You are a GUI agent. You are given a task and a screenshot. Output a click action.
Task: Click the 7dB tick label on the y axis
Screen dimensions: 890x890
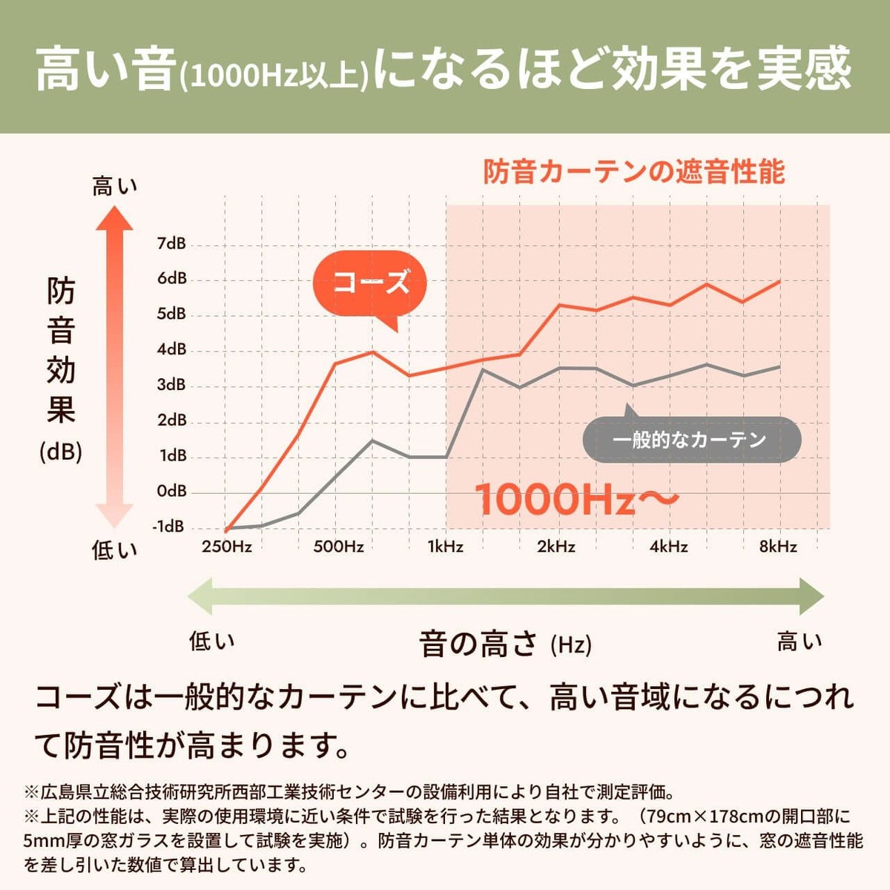[x=171, y=243]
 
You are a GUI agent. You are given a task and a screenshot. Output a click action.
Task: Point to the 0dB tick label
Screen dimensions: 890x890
[x=171, y=491]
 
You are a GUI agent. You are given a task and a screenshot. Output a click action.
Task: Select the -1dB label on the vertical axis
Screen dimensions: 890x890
[x=168, y=527]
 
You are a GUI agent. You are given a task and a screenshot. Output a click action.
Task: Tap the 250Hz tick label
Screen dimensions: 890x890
[x=227, y=547]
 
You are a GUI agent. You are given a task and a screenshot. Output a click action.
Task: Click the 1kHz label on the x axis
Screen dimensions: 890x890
[x=445, y=547]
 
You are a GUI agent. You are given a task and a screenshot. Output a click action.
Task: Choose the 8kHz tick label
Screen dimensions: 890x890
[x=778, y=547]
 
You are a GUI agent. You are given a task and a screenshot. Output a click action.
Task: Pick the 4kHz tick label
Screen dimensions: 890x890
[x=668, y=547]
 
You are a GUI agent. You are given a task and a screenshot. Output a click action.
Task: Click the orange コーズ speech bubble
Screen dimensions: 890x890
[x=371, y=283]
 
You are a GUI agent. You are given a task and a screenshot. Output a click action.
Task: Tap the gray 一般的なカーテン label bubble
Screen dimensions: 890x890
[x=690, y=440]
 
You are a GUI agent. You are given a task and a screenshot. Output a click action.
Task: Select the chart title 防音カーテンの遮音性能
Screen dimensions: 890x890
[x=634, y=172]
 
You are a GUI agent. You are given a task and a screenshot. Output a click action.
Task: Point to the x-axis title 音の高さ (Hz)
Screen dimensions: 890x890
[x=505, y=644]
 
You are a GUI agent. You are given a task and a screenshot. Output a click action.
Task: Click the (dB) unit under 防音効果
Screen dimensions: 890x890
[x=61, y=452]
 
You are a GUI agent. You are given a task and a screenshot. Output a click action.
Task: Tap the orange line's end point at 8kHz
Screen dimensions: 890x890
[x=779, y=281]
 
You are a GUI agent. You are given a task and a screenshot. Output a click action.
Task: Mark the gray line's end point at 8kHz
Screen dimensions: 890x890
[x=779, y=366]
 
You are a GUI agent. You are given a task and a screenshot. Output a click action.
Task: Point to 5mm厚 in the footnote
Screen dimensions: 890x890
[x=51, y=841]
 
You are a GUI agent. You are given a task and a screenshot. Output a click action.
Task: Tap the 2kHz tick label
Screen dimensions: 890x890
[x=556, y=547]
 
